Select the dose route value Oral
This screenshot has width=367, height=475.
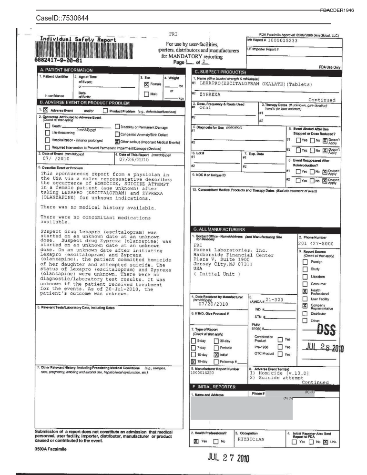[x=205, y=108]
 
